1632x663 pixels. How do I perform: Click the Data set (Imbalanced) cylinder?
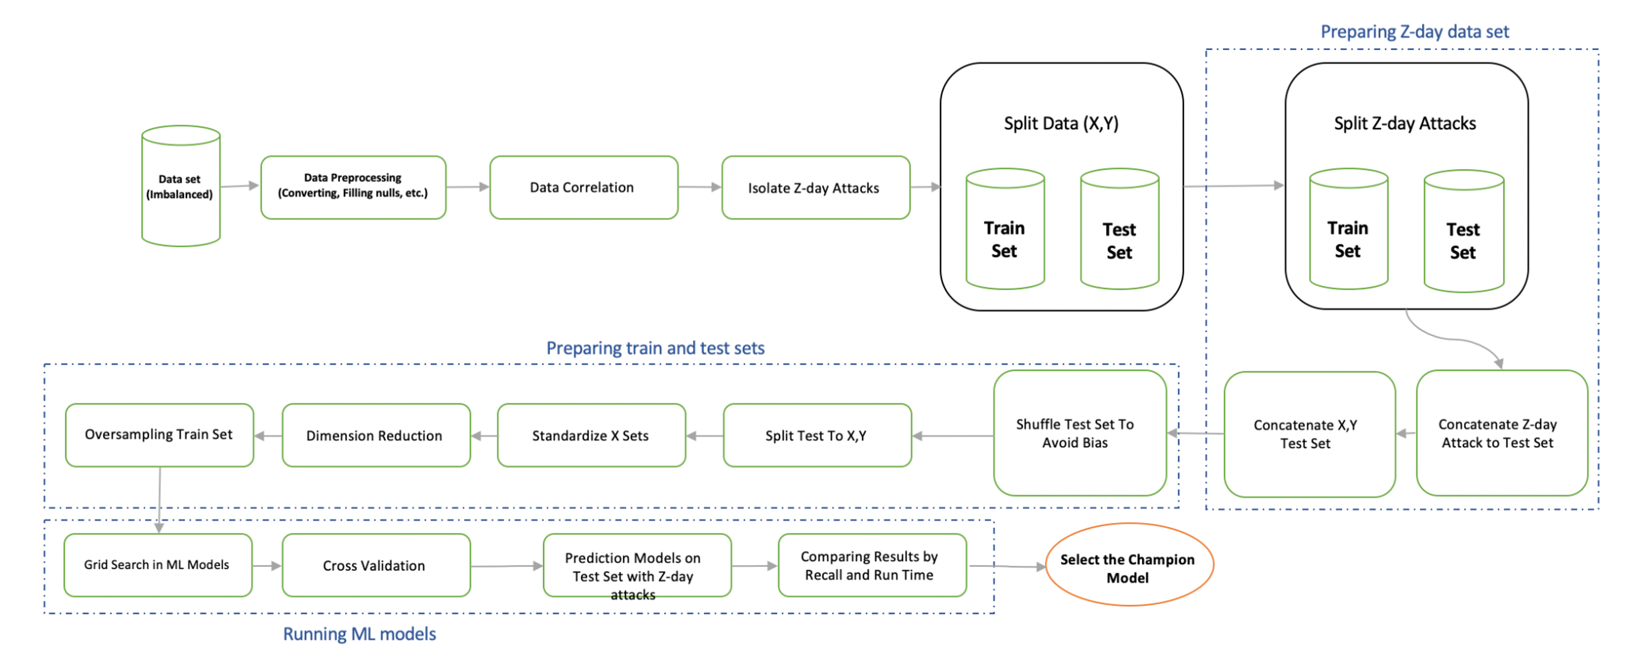click(181, 186)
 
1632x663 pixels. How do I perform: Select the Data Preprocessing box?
click(353, 187)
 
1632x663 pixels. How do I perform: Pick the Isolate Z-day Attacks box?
click(815, 188)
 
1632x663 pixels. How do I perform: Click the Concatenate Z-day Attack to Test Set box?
click(1501, 433)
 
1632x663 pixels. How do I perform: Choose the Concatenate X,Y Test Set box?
click(1309, 434)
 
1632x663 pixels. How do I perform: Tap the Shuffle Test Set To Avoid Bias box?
click(1079, 433)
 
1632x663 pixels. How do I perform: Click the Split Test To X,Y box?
click(817, 436)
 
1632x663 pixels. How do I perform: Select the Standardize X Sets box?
click(590, 436)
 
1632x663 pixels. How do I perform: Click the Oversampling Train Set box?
click(159, 435)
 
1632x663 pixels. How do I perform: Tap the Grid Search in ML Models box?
click(158, 565)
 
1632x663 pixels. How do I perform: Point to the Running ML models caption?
click(359, 634)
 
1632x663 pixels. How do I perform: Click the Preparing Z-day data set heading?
click(1414, 32)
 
